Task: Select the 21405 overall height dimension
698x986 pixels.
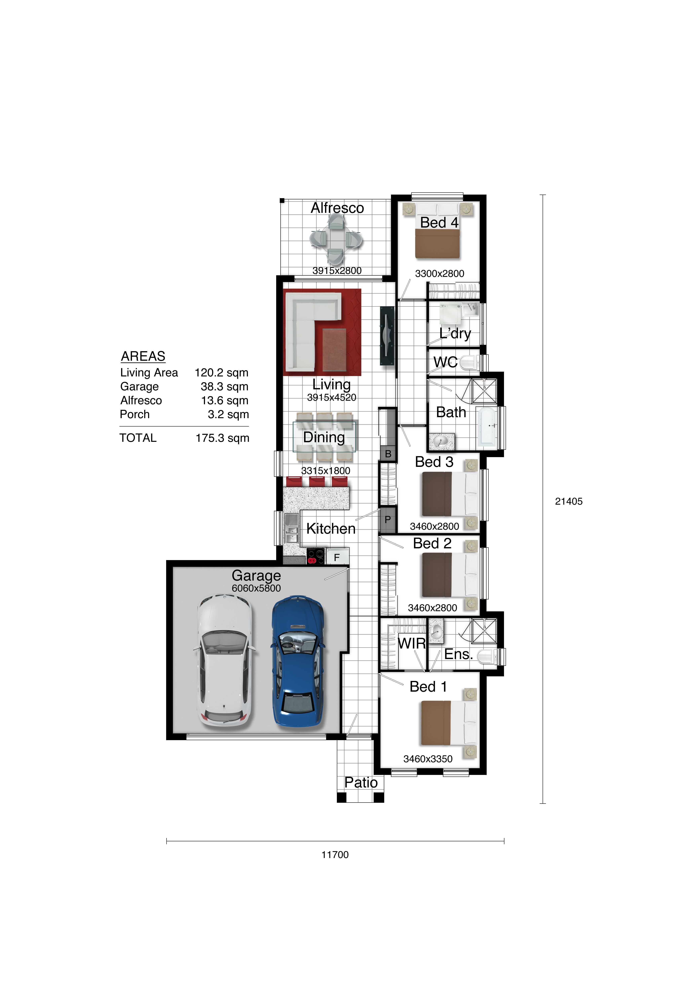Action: (x=569, y=501)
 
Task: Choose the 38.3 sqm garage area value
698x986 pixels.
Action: (x=224, y=387)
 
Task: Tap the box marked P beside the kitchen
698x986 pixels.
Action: (x=388, y=520)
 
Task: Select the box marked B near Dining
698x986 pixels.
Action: (x=388, y=454)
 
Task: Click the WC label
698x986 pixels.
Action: (x=445, y=363)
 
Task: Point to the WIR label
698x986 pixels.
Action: (x=412, y=643)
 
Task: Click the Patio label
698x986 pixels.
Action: (x=361, y=782)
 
